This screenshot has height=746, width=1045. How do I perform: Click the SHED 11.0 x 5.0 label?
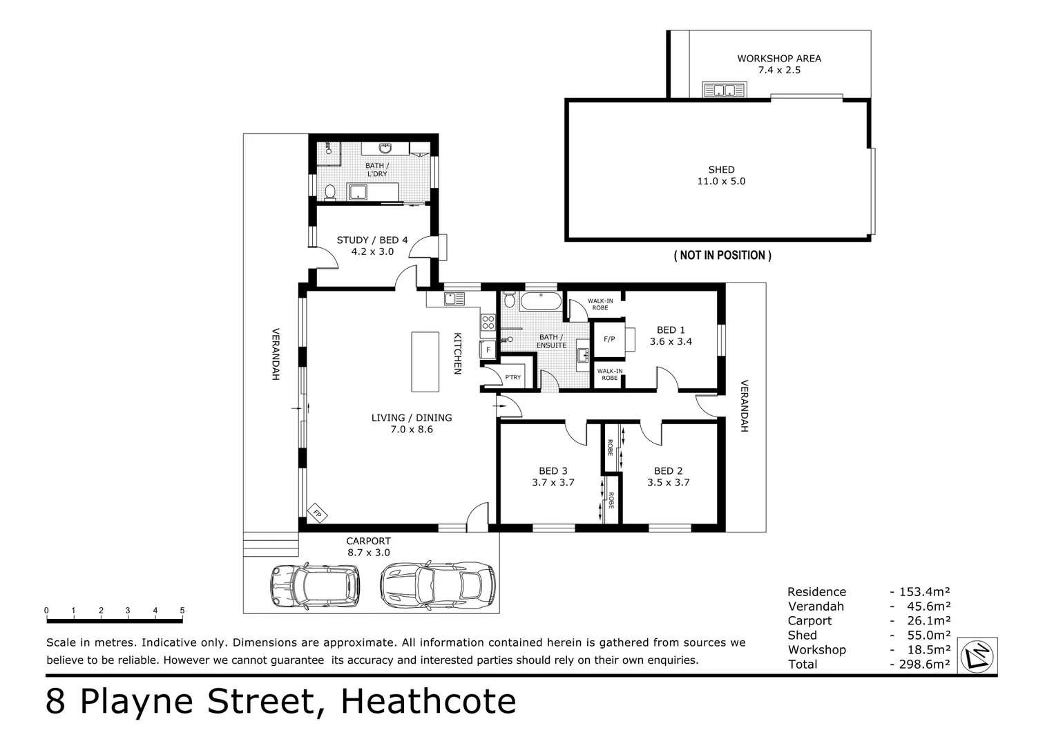point(721,175)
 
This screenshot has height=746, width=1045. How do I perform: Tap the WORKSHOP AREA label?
point(778,59)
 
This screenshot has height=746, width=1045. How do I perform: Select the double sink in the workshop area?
point(724,90)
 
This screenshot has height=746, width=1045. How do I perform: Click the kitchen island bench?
point(425,361)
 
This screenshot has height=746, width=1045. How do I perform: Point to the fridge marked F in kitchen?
point(488,350)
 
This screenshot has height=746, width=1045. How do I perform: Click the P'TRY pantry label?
point(512,377)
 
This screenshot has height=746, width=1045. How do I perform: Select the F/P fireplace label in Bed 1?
point(609,339)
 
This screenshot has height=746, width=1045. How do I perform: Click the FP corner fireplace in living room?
point(318,513)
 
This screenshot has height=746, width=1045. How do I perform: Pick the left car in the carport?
point(315,584)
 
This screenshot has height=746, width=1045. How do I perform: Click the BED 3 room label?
point(553,471)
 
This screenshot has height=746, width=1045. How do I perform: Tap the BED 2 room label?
point(668,471)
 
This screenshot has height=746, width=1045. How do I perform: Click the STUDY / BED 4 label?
point(372,240)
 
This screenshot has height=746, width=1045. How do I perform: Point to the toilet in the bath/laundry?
point(330,191)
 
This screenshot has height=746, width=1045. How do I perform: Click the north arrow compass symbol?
point(979,655)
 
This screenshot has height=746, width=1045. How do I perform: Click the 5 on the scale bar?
point(182,611)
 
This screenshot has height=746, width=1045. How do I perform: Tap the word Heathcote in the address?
point(428,702)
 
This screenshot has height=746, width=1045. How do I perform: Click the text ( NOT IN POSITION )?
point(722,256)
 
